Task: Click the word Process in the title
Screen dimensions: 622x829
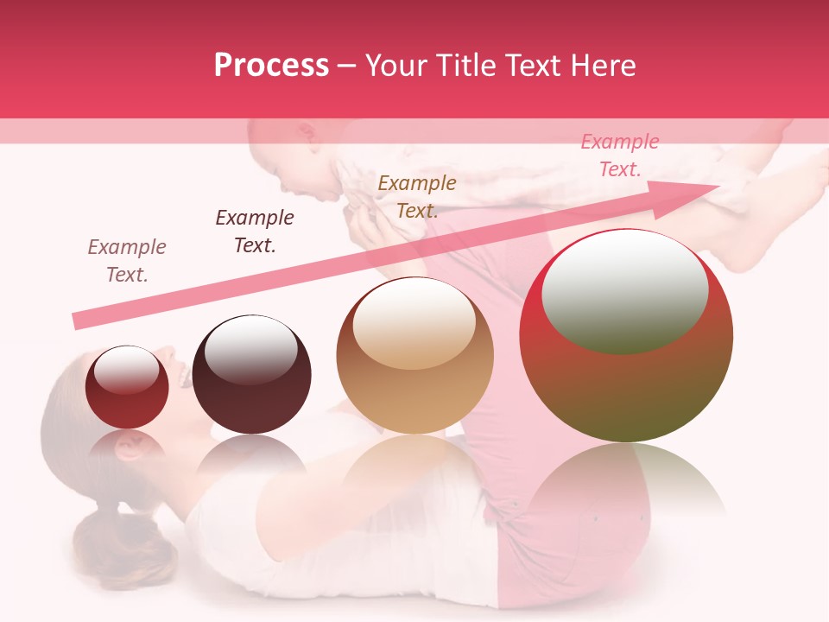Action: (x=271, y=66)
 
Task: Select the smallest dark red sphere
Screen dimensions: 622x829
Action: (x=127, y=387)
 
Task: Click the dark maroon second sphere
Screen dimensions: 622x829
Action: (x=251, y=375)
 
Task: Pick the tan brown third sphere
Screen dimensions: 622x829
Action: (x=414, y=355)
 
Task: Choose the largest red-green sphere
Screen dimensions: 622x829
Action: (x=626, y=336)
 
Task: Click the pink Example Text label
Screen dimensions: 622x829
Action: (x=620, y=155)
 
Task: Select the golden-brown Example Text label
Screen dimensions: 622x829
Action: (x=417, y=196)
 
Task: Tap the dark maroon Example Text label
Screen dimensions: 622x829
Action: (x=255, y=232)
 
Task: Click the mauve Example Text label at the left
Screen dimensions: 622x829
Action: (x=127, y=260)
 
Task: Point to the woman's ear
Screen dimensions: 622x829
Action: (x=130, y=448)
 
